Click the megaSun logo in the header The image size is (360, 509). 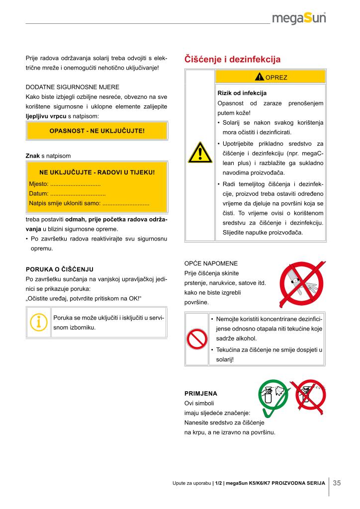(x=299, y=19)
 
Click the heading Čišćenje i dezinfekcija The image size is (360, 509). (x=232, y=60)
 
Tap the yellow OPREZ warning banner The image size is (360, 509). (x=270, y=77)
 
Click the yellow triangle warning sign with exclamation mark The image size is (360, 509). (x=200, y=152)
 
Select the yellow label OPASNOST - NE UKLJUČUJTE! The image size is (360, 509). (x=97, y=131)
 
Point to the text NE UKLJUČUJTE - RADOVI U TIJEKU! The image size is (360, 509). (x=97, y=172)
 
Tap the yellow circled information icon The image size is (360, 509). (x=38, y=322)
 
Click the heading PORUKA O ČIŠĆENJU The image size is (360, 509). (x=60, y=269)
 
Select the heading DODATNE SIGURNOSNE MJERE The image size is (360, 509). (x=73, y=86)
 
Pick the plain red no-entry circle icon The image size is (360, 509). (x=197, y=339)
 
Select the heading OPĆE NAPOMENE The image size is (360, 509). (x=211, y=263)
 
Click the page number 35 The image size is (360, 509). (x=337, y=483)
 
